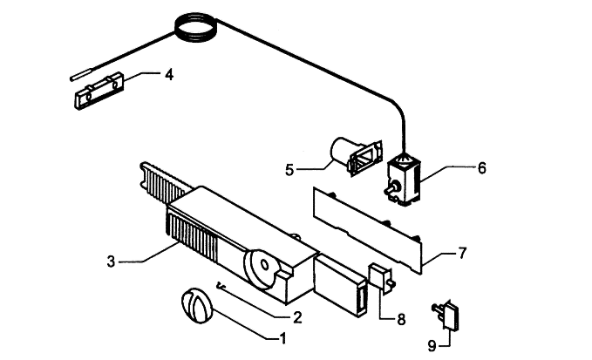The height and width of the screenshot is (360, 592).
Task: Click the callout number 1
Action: (x=282, y=338)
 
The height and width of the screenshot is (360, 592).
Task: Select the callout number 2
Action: (x=297, y=317)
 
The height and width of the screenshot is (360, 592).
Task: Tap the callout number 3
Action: (x=111, y=262)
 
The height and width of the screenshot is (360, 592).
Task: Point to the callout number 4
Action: (x=169, y=74)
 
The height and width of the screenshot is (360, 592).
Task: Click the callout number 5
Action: (x=289, y=170)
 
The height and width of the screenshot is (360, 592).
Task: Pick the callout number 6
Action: (x=482, y=168)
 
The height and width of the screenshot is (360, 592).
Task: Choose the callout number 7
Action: (x=462, y=253)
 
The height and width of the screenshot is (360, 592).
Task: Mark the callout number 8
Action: (x=401, y=319)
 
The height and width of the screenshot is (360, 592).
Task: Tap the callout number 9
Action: (x=432, y=345)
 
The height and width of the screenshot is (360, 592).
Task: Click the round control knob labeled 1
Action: (x=197, y=306)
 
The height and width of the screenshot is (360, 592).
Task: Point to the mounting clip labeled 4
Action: (x=99, y=91)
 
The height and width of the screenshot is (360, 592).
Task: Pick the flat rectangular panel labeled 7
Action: (x=367, y=230)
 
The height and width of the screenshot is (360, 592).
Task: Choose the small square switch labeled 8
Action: (x=381, y=277)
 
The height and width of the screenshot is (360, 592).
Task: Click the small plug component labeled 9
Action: (x=447, y=315)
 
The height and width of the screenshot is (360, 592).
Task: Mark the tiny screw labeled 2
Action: (x=220, y=287)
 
